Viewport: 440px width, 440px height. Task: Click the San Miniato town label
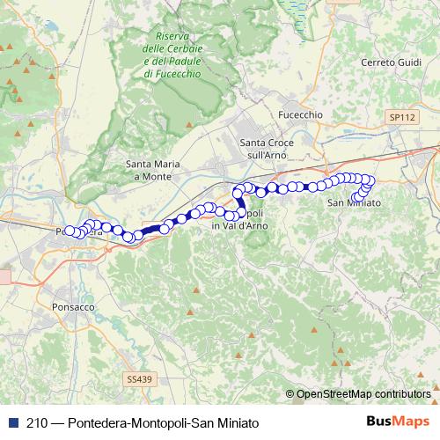354,203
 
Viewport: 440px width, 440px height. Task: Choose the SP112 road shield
401,115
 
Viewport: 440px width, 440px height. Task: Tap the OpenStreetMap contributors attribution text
363,393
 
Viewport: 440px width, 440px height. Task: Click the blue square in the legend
10,422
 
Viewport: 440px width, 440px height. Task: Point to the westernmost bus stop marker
70,231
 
